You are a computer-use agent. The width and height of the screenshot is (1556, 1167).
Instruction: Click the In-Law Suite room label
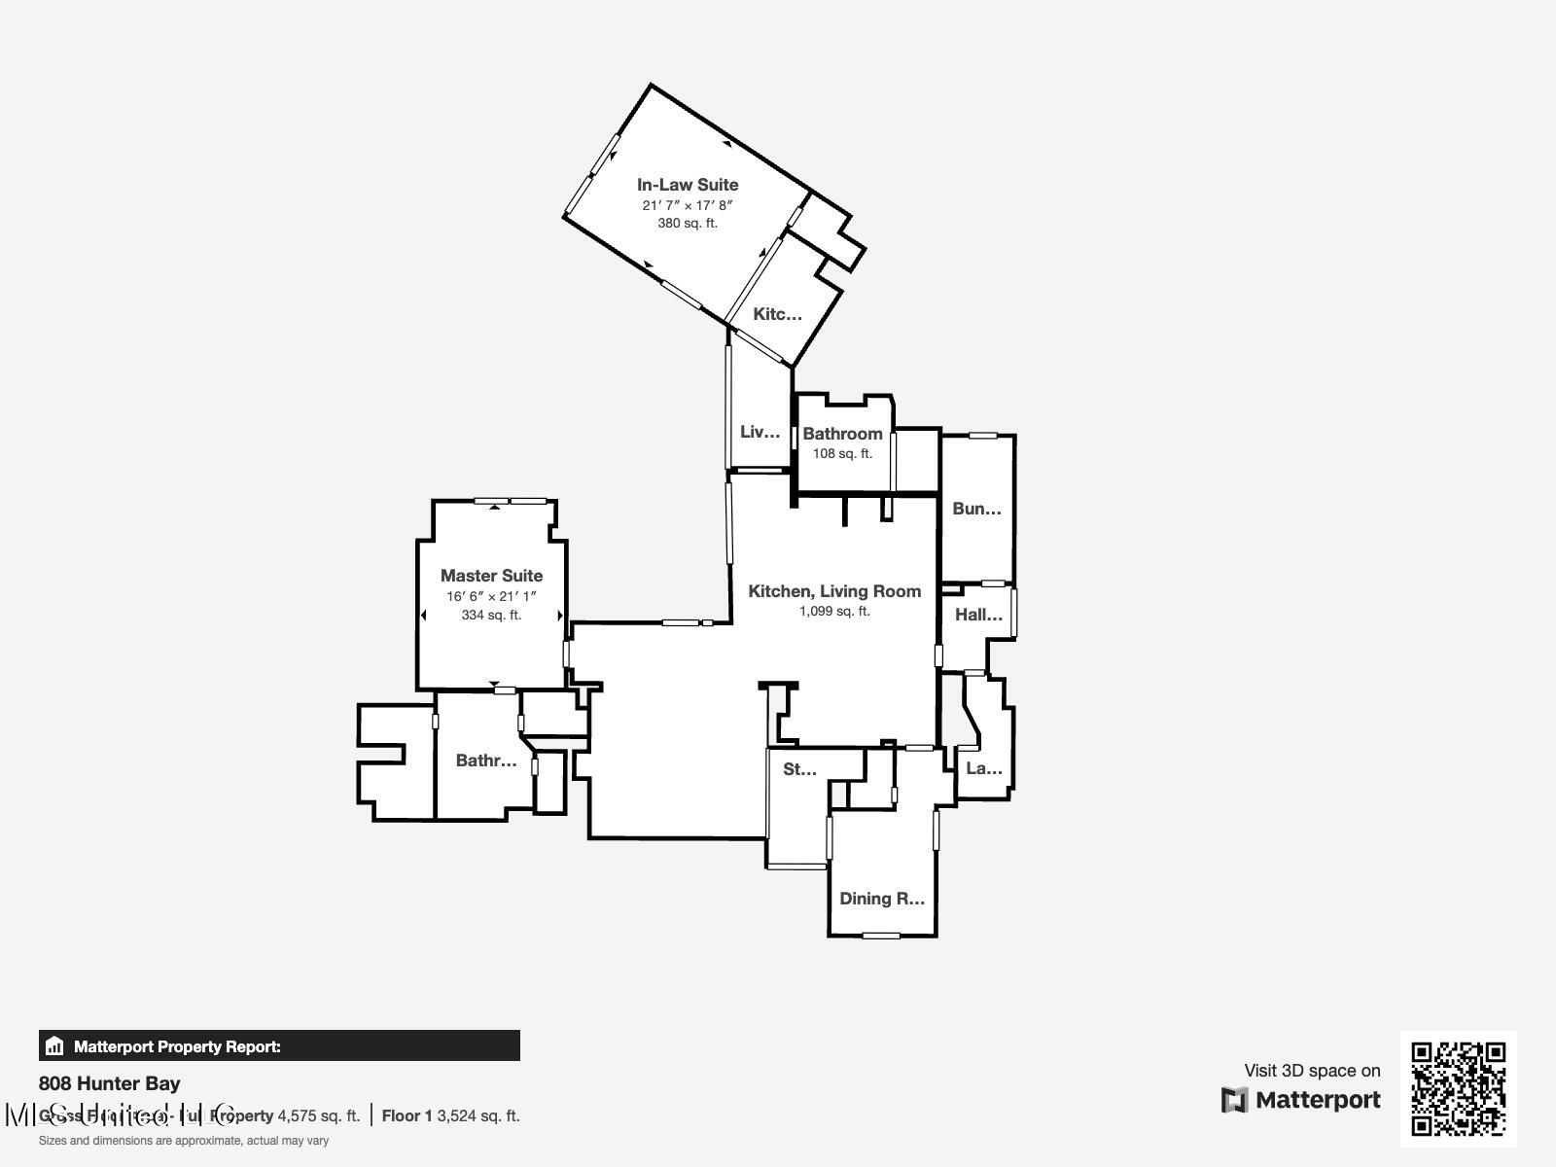click(688, 185)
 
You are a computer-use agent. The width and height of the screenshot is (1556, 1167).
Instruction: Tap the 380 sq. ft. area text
click(688, 223)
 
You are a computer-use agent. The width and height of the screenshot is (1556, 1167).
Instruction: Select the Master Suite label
click(491, 576)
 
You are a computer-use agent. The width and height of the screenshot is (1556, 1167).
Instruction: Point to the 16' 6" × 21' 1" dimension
click(491, 596)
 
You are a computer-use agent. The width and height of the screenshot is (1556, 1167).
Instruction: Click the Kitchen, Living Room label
click(834, 591)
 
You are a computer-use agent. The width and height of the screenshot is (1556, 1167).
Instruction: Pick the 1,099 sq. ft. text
click(834, 611)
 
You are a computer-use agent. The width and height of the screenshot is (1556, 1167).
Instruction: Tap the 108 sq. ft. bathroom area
click(842, 453)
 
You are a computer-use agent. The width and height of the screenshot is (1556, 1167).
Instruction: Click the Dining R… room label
click(881, 899)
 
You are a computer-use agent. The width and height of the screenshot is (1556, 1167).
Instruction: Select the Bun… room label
click(976, 509)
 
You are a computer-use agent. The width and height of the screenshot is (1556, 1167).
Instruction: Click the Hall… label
click(978, 615)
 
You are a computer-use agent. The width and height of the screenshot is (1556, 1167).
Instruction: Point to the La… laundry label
click(983, 768)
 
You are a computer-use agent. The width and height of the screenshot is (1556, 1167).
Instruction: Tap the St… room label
click(799, 769)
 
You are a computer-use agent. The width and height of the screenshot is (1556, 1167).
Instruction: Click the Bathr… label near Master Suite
click(485, 760)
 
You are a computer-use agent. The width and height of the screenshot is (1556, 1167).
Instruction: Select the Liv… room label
click(760, 432)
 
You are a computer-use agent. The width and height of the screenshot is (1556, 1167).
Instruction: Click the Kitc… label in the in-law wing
click(777, 314)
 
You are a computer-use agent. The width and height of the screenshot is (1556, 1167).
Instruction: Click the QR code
click(1458, 1088)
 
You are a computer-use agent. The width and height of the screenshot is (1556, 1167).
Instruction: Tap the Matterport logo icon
click(1234, 1100)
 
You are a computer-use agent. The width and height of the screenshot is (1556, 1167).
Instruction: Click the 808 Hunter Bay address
click(109, 1083)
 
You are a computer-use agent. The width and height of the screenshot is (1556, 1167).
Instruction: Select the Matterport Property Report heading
click(177, 1046)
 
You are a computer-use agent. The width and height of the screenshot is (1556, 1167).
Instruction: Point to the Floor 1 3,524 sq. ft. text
click(450, 1115)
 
